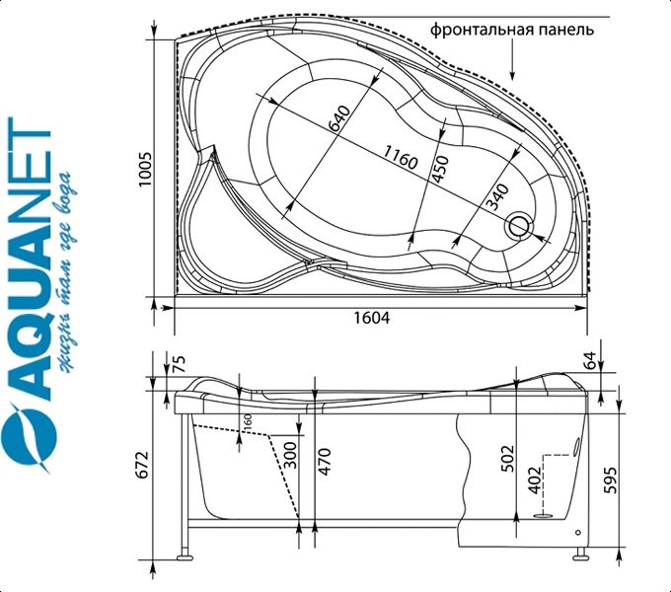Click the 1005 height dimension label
pyautogui.click(x=145, y=169)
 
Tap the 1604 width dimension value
pyautogui.click(x=372, y=318)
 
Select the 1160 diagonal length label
pyautogui.click(x=400, y=157)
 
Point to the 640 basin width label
pyautogui.click(x=339, y=118)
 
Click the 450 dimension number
pyautogui.click(x=441, y=169)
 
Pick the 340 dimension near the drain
pyautogui.click(x=498, y=196)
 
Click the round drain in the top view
pyautogui.click(x=519, y=225)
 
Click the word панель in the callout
pyautogui.click(x=566, y=30)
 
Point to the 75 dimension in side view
pyautogui.click(x=180, y=363)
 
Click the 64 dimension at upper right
pyautogui.click(x=590, y=360)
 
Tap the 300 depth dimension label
pyautogui.click(x=290, y=455)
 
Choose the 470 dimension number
pyautogui.click(x=325, y=461)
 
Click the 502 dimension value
pyautogui.click(x=507, y=459)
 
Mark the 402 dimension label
pyautogui.click(x=535, y=480)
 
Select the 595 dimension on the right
pyautogui.click(x=611, y=480)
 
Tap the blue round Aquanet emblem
pyautogui.click(x=29, y=435)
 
